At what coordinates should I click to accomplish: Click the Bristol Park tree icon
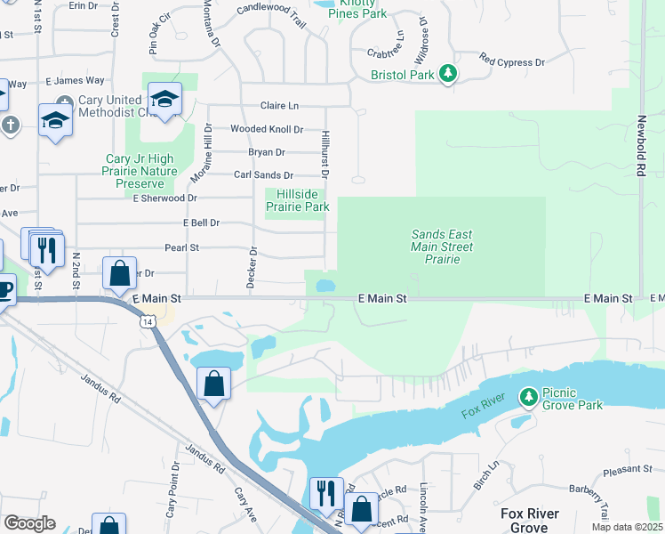pyautogui.click(x=449, y=73)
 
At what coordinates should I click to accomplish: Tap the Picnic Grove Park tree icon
pyautogui.click(x=529, y=394)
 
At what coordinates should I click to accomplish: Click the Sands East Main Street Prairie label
pyautogui.click(x=442, y=247)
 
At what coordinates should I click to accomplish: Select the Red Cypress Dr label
pyautogui.click(x=512, y=61)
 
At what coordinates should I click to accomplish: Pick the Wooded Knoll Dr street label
pyautogui.click(x=267, y=129)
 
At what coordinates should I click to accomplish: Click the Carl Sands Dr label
pyautogui.click(x=263, y=175)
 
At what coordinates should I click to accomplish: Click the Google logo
pyautogui.click(x=29, y=523)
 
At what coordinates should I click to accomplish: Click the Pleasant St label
pyautogui.click(x=628, y=468)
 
